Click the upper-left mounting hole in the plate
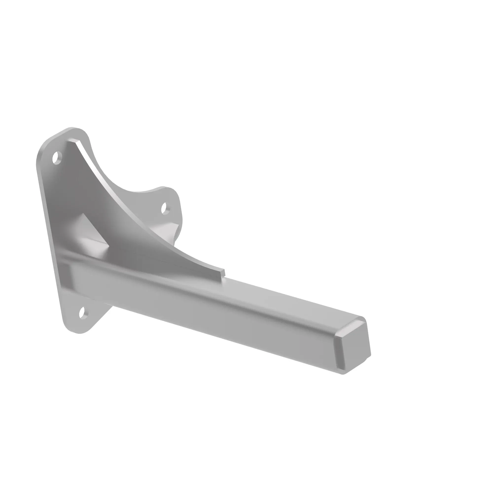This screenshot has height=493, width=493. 57,158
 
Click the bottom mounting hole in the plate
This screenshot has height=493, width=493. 82,313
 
